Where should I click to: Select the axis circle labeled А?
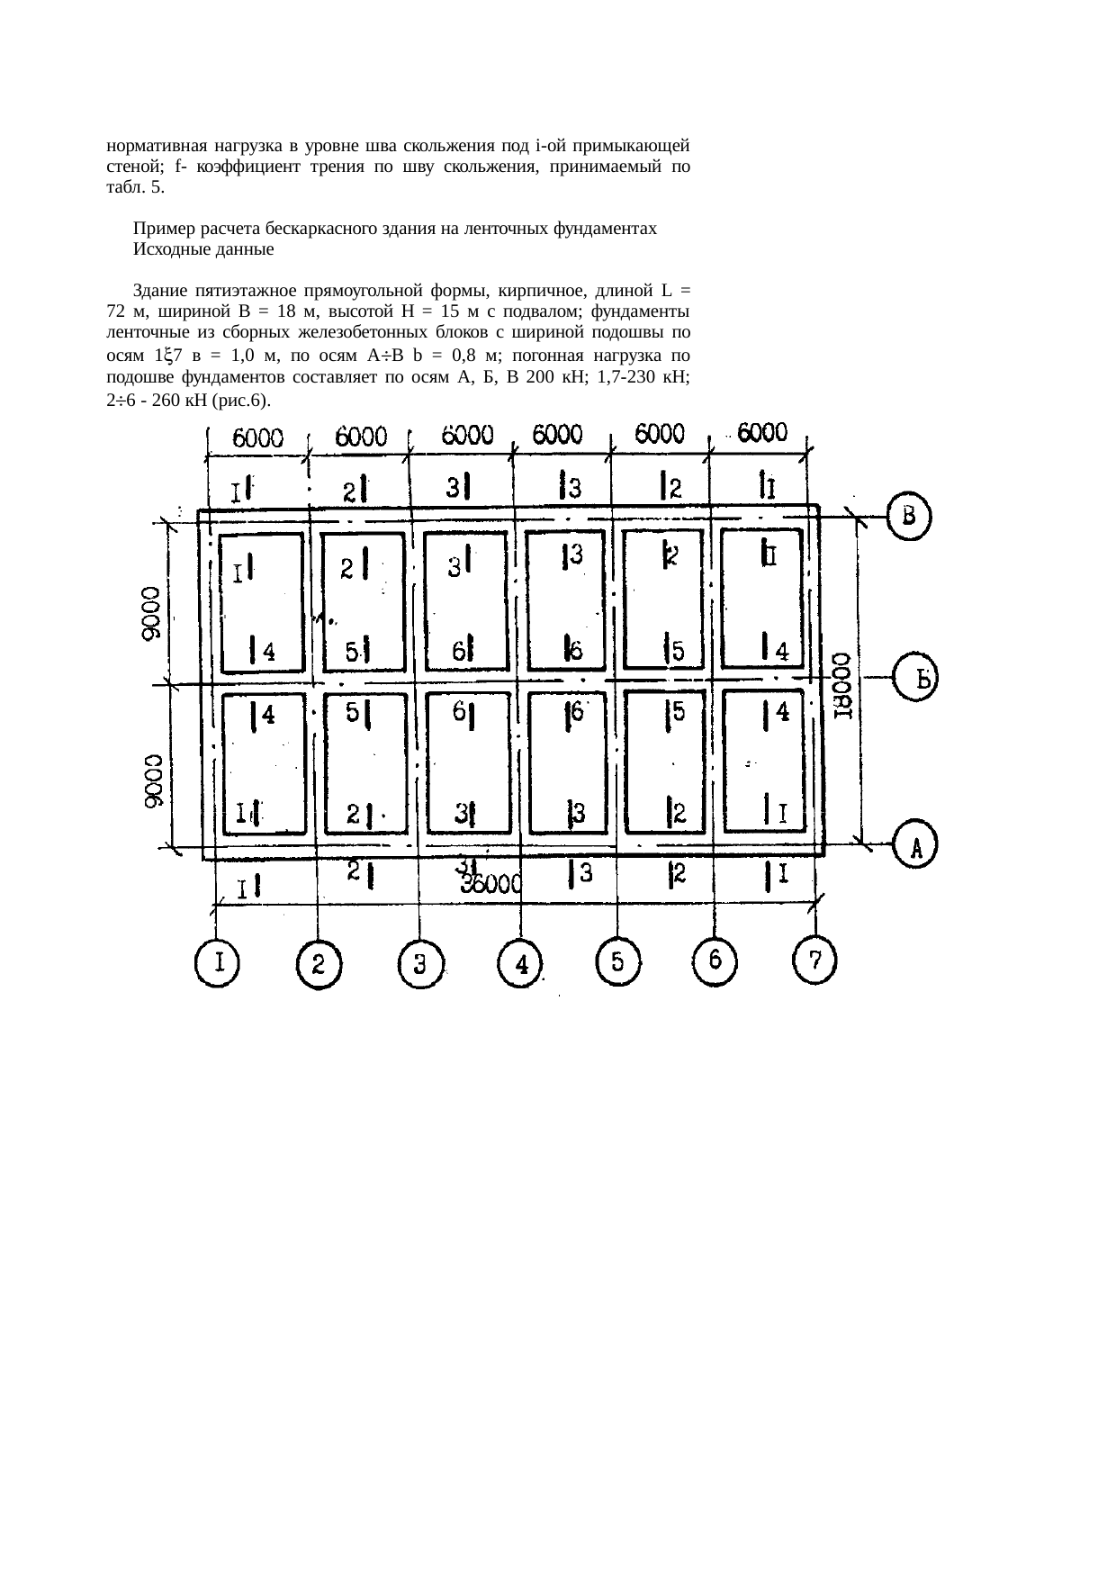(917, 843)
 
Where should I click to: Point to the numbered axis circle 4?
(520, 965)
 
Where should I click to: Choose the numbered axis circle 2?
(318, 965)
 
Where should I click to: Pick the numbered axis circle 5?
(619, 960)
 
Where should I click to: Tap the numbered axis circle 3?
(419, 965)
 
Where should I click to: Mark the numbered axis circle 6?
(716, 960)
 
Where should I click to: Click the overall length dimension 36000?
(491, 885)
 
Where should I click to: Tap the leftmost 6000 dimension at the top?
(259, 438)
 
